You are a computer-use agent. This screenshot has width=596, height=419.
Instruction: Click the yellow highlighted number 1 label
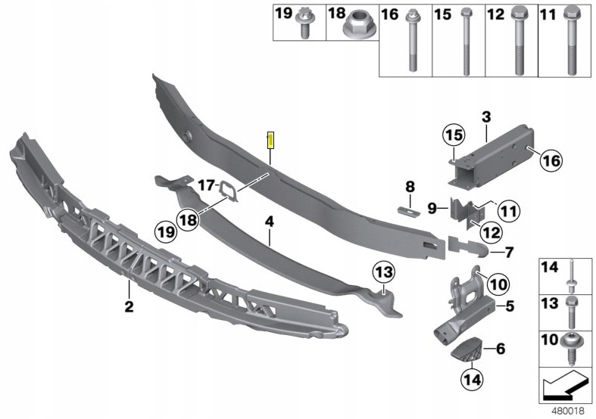270,140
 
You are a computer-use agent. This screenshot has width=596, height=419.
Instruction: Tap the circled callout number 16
551,160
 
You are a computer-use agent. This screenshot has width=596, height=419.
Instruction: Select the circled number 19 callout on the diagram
167,231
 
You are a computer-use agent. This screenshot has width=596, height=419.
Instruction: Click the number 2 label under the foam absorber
129,306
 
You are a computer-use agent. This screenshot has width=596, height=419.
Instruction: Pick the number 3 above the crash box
486,117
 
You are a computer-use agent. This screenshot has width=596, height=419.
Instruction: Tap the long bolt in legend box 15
466,41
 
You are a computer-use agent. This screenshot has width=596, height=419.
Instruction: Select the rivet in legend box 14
571,276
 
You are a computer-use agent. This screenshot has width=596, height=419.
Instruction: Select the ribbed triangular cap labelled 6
467,349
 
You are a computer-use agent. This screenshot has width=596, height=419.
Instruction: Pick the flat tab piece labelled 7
468,247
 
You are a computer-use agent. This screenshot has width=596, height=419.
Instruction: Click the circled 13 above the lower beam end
384,272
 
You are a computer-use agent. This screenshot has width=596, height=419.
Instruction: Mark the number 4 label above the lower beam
270,222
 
